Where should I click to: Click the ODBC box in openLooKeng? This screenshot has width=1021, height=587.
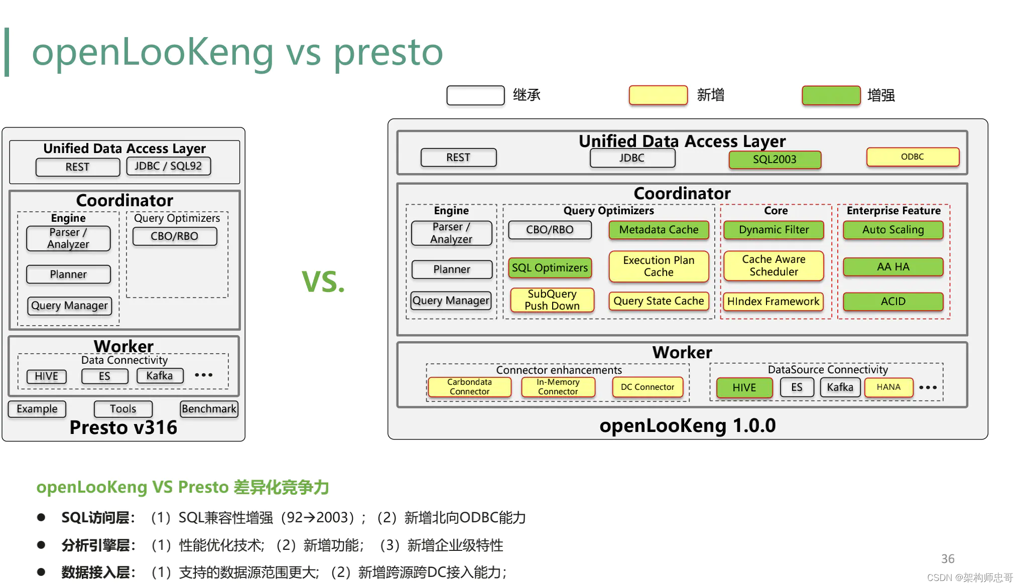912,157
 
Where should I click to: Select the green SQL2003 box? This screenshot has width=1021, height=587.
775,160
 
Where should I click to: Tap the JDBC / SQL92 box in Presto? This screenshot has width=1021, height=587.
168,166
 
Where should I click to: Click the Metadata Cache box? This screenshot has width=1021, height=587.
659,230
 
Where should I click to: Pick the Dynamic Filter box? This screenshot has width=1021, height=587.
774,230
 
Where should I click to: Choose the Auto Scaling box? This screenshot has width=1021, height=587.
892,230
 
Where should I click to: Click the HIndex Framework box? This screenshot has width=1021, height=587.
773,302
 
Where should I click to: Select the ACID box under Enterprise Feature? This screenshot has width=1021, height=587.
892,302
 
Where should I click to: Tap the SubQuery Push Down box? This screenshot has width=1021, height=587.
552,300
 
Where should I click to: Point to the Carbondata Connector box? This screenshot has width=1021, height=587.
469,387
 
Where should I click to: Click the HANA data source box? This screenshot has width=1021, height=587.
888,387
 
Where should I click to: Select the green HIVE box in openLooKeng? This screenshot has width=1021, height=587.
744,388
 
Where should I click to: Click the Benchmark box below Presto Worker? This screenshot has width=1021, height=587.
209,409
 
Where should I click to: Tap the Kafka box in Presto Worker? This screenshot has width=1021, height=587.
160,376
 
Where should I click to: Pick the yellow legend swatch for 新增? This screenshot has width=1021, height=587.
658,95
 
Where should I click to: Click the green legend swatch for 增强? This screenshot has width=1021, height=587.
831,95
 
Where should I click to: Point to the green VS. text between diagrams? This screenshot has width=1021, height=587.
323,282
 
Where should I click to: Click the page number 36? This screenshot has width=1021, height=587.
947,559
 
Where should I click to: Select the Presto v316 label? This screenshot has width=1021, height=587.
123,427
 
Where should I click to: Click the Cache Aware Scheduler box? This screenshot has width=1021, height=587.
773,266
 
